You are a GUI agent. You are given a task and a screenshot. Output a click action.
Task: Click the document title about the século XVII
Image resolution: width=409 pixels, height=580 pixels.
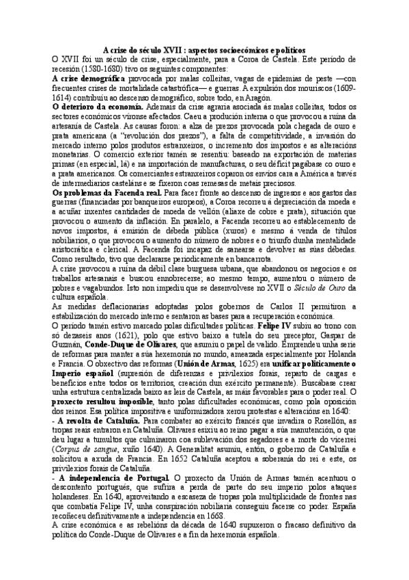[204, 50]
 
